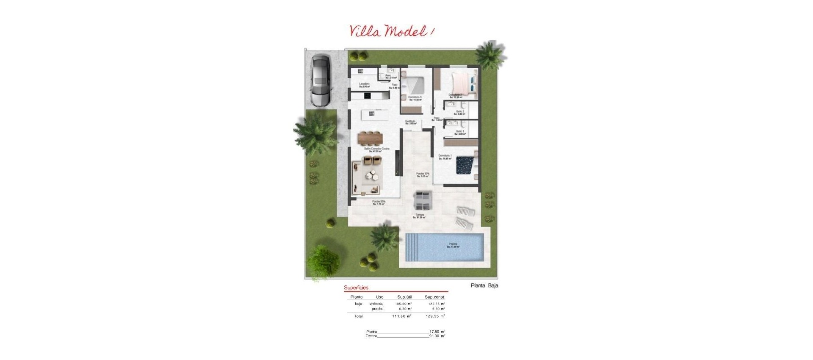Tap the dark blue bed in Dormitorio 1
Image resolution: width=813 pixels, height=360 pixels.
(465, 165)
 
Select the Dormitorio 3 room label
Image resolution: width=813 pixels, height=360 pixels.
(415, 98)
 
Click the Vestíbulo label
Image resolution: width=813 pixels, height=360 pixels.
(410, 122)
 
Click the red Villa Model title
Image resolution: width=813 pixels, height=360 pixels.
(392, 31)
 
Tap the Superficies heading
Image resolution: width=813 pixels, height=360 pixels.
(356, 288)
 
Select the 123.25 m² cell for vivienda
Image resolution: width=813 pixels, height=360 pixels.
(436, 304)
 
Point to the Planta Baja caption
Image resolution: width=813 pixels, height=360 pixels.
(484, 285)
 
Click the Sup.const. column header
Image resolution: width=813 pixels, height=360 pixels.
(435, 297)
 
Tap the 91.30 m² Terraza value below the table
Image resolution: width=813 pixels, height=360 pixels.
(437, 336)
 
